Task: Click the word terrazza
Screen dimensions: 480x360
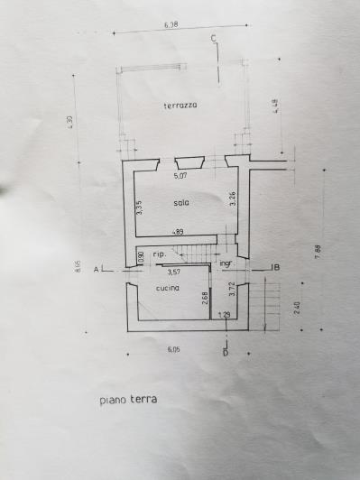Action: (x=180, y=106)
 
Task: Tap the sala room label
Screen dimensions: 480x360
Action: (x=181, y=203)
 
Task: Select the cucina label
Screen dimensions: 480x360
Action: (x=166, y=289)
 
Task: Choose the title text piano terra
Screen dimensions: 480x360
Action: (x=127, y=398)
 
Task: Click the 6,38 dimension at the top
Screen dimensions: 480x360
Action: (x=171, y=26)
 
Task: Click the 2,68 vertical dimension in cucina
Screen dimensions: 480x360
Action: (x=206, y=298)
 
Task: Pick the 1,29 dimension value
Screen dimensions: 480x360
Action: (x=224, y=315)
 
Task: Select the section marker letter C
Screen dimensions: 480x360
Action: (x=213, y=38)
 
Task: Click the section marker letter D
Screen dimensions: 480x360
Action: (x=226, y=353)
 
